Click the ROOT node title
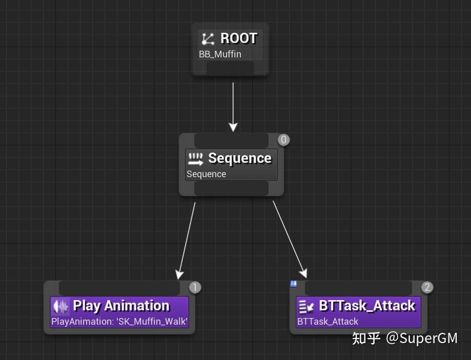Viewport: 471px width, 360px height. [238, 38]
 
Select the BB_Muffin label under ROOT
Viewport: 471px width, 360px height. [220, 54]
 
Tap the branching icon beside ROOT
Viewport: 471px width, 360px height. [208, 39]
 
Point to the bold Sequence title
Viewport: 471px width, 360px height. [239, 158]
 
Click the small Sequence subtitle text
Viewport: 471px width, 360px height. [206, 174]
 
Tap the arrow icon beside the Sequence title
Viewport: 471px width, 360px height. [196, 159]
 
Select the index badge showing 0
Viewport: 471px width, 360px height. [283, 140]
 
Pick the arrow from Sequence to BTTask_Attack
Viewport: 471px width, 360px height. [290, 238]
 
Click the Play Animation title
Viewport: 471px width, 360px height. [121, 306]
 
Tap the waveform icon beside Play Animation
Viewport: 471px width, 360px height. [61, 306]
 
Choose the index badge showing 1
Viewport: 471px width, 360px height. [195, 287]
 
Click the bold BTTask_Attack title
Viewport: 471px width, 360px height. [367, 306]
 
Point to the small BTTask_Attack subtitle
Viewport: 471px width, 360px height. [327, 322]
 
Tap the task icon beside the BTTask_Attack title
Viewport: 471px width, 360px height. [306, 306]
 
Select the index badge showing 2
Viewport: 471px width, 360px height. [427, 287]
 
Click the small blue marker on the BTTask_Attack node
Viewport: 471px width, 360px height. [294, 284]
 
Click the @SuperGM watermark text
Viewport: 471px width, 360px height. [422, 338]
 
